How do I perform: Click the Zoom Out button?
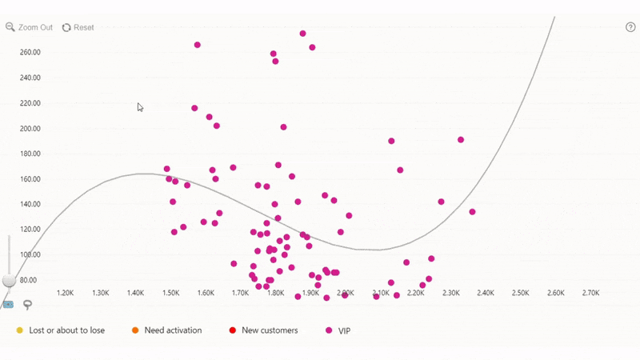[30, 27]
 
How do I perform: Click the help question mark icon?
[630, 27]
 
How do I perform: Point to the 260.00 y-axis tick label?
[30, 53]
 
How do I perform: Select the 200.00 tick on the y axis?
[30, 129]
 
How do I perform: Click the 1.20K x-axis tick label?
[66, 294]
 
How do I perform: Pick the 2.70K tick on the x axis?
[590, 294]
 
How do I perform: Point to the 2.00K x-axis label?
[346, 294]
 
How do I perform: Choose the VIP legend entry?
[344, 330]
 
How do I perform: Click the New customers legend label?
[270, 330]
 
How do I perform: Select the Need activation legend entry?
[173, 330]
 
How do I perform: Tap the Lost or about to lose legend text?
[66, 330]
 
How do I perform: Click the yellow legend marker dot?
[20, 330]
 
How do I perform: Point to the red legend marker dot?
[233, 330]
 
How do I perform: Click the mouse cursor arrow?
[140, 107]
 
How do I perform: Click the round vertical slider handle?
[10, 280]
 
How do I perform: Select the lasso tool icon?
[27, 305]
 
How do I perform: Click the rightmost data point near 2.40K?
[472, 212]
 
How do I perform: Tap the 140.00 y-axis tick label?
[30, 205]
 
